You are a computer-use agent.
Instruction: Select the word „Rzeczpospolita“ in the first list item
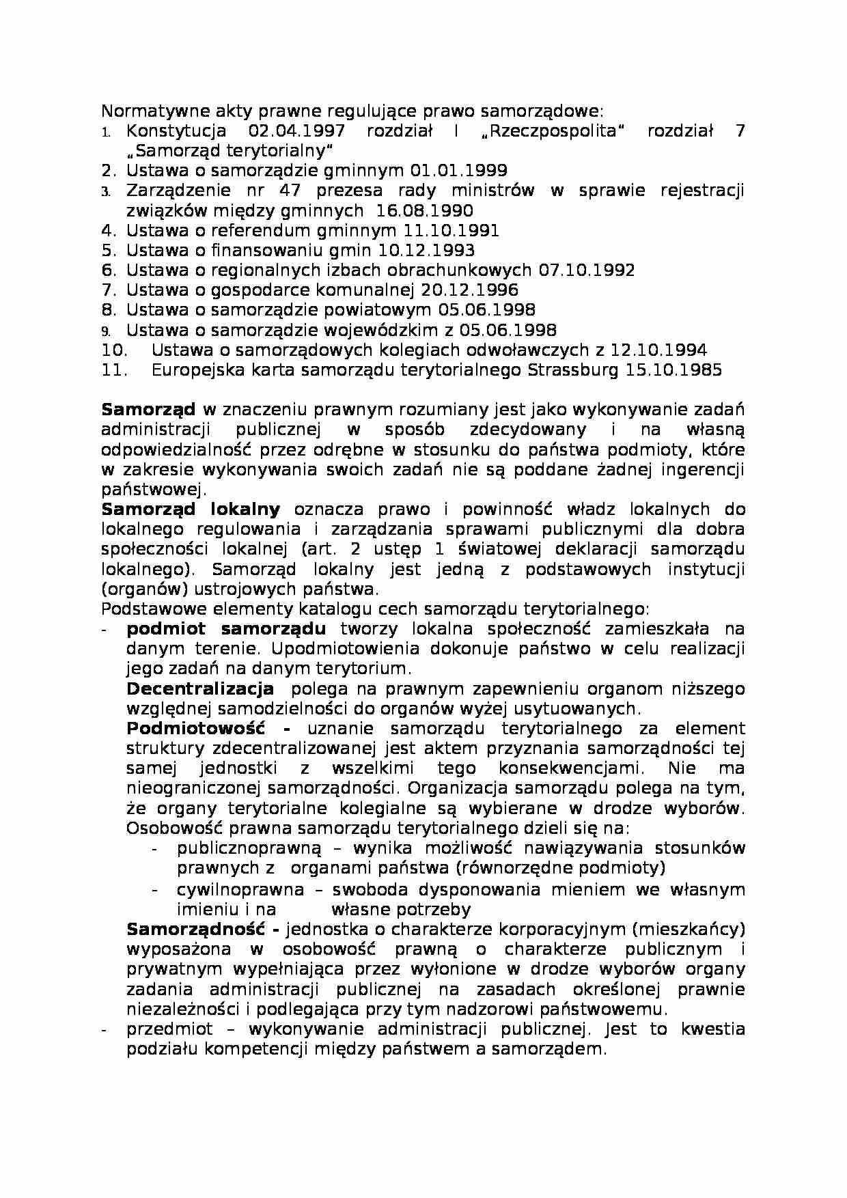[x=549, y=131]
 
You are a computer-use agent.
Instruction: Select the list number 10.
[x=114, y=350]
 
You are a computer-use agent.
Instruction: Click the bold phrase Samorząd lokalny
[x=191, y=510]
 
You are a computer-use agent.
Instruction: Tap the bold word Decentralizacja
[x=200, y=689]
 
